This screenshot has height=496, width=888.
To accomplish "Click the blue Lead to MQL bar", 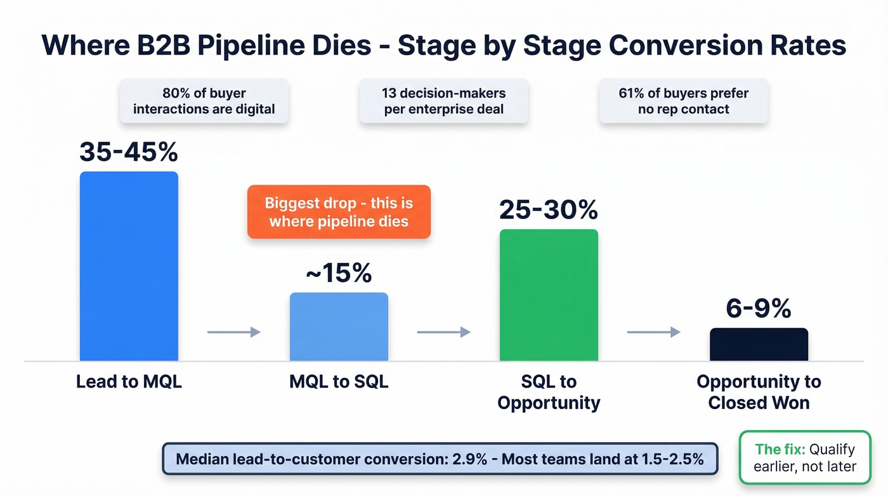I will (x=129, y=266).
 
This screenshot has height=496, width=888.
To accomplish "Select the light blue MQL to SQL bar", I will (x=339, y=326).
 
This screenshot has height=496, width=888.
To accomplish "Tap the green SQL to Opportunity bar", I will (x=549, y=295).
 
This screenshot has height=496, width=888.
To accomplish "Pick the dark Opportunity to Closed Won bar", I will (x=759, y=344).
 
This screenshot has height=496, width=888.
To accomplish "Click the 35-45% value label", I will (x=129, y=152).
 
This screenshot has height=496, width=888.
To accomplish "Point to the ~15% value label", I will (x=339, y=273).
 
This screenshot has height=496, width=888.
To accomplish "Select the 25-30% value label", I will (x=549, y=210).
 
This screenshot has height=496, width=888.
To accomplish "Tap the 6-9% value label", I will (x=759, y=309).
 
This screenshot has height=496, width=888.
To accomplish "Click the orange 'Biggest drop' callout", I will (x=339, y=212).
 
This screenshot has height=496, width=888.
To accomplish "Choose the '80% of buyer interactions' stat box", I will (x=204, y=101).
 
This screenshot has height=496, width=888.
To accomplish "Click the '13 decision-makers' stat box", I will (x=443, y=101).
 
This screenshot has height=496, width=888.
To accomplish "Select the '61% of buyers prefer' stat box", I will (x=683, y=101).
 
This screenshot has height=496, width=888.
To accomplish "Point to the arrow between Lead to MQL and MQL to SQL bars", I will (x=234, y=332).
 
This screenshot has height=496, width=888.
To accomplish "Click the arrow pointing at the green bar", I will (x=443, y=332).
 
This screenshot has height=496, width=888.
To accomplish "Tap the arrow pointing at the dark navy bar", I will (x=653, y=332).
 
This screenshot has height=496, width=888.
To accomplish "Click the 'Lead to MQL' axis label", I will (x=129, y=382).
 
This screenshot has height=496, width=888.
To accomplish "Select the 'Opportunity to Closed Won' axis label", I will (x=759, y=392).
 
